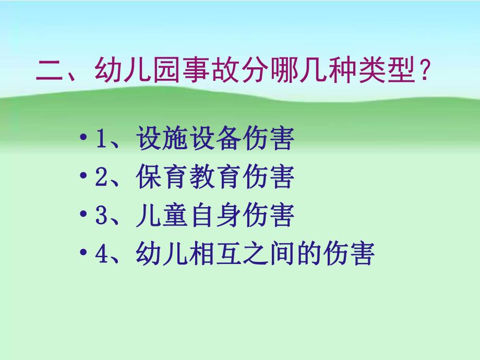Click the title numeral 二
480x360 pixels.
tap(50, 71)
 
